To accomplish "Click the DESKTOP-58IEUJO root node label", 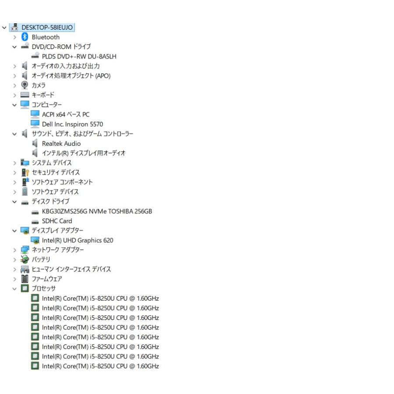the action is (x=47, y=28).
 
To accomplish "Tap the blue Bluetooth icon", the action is (x=25, y=37).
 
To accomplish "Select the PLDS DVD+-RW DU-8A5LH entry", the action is (x=79, y=56).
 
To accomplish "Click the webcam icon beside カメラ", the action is (x=25, y=85).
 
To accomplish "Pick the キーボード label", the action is (x=43, y=95).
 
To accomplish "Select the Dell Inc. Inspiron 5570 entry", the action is (x=72, y=124).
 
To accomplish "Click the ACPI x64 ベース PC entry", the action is (x=66, y=115).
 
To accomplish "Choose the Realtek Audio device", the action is (x=61, y=144).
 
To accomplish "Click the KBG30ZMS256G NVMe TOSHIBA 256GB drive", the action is (x=97, y=211).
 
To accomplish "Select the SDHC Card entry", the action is (x=57, y=221).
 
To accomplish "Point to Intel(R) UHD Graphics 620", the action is (x=77, y=240).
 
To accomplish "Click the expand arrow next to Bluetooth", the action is (x=14, y=37).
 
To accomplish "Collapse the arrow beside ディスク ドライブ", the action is (x=14, y=202).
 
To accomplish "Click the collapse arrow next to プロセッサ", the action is (x=14, y=289).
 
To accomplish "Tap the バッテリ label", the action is (x=41, y=259).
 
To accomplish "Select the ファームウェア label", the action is (x=47, y=279).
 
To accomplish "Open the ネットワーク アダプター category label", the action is (x=57, y=250).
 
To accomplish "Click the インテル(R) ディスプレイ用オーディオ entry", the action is (x=84, y=153).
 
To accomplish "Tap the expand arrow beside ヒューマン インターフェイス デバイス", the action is (x=14, y=269).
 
